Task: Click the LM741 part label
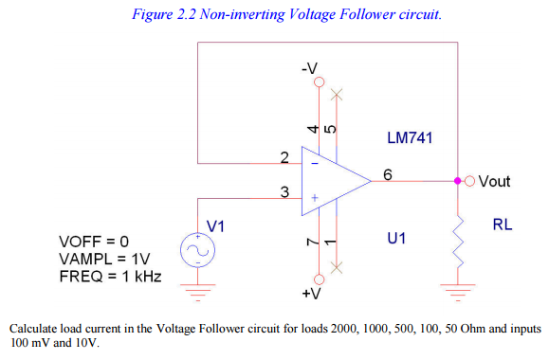pyautogui.click(x=410, y=138)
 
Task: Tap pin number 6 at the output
pyautogui.click(x=388, y=172)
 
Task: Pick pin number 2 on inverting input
pyautogui.click(x=284, y=155)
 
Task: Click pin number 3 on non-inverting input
pyautogui.click(x=284, y=192)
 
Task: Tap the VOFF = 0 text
pyautogui.click(x=93, y=242)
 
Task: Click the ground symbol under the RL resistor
pyautogui.click(x=459, y=289)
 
